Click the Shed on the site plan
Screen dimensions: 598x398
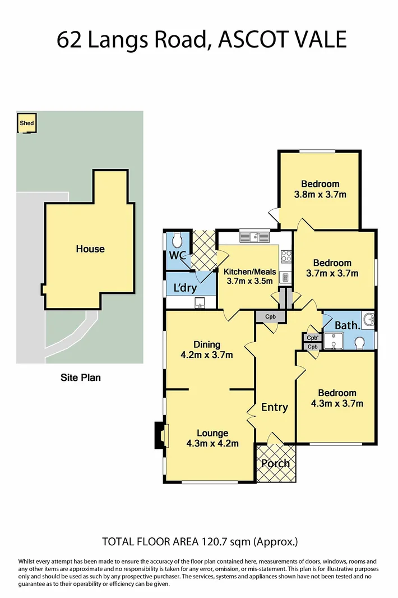coord(26,124)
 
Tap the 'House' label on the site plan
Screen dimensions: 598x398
coord(90,249)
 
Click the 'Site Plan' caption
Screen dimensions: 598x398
coord(81,378)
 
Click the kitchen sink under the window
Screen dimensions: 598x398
coord(255,238)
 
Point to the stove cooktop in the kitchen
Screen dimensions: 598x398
coord(285,256)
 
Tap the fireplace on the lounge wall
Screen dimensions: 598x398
coord(160,435)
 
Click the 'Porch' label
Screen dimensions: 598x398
coord(275,463)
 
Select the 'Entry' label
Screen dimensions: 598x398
coord(275,407)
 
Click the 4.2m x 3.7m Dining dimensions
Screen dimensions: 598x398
coord(207,355)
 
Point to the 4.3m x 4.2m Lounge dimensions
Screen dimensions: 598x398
coord(212,443)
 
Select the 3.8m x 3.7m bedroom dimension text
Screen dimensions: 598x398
coord(320,195)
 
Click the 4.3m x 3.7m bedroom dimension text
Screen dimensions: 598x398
coord(336,403)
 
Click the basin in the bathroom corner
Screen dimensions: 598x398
coord(369,319)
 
